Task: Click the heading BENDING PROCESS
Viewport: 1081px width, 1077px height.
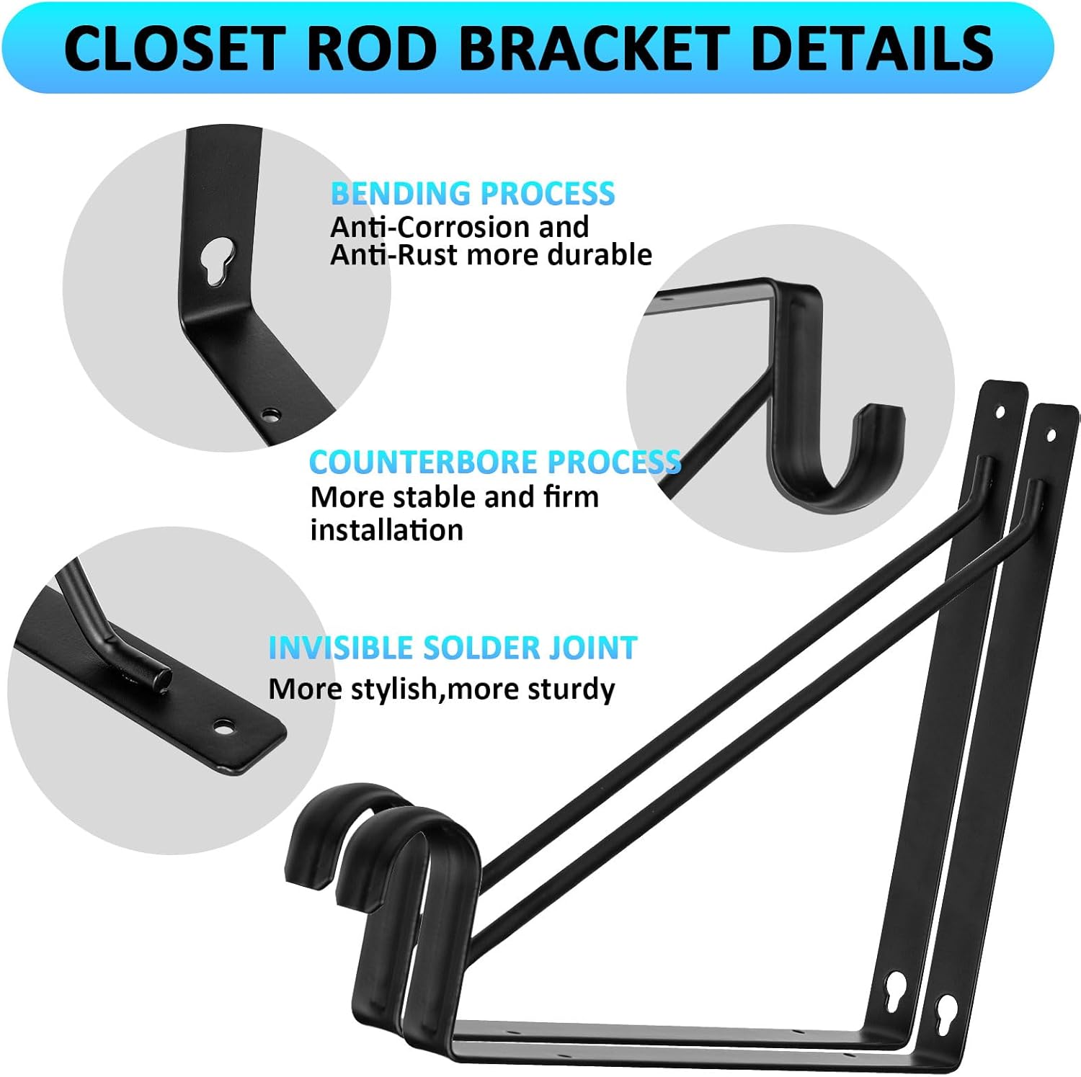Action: pyautogui.click(x=473, y=194)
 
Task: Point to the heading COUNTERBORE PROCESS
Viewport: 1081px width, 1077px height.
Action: pyautogui.click(x=495, y=462)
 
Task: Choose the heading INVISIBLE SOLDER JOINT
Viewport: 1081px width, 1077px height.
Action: pyautogui.click(x=453, y=648)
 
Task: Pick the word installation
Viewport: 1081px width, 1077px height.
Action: pyautogui.click(x=386, y=531)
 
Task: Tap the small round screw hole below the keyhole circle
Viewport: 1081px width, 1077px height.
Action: pyautogui.click(x=271, y=415)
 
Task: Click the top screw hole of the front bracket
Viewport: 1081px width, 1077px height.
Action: pyautogui.click(x=1051, y=434)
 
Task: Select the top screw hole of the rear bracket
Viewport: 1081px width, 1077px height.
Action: pyautogui.click(x=1000, y=412)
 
